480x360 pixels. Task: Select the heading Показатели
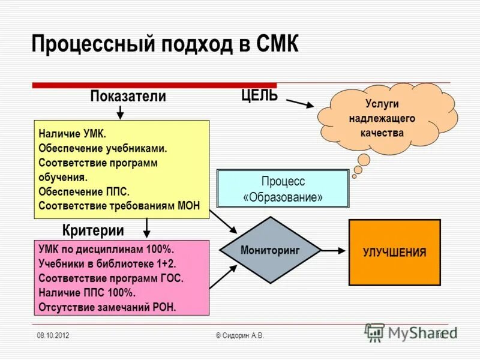[128, 96]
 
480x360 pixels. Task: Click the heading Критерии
[93, 230]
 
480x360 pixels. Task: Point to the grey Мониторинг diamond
[270, 250]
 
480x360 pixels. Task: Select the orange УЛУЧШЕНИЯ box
[394, 252]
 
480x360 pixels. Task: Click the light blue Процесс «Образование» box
[282, 189]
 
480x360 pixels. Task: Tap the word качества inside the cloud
[382, 133]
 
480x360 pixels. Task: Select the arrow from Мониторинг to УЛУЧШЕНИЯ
[332, 250]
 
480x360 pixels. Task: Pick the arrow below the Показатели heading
[120, 112]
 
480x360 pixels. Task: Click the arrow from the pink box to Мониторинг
[223, 278]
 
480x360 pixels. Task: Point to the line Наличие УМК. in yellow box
[72, 134]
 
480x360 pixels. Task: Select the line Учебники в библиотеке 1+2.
[107, 264]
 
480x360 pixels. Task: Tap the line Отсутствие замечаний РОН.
[107, 307]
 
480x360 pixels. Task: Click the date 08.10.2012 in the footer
[52, 335]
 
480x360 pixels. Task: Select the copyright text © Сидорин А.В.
[239, 335]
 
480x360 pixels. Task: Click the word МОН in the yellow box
[189, 206]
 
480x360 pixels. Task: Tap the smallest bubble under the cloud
[354, 176]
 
